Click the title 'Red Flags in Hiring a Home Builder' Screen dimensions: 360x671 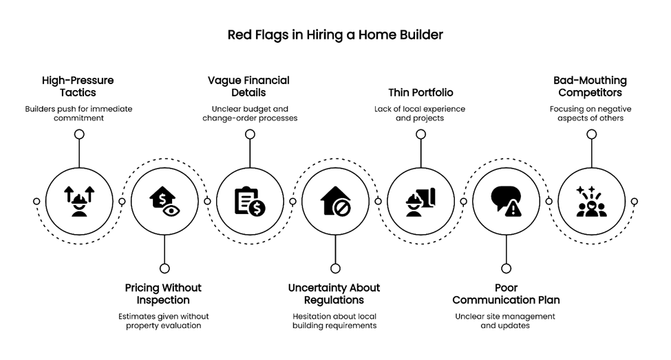click(x=335, y=34)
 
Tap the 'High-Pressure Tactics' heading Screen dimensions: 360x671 click(x=78, y=86)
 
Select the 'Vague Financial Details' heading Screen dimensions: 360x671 click(x=248, y=86)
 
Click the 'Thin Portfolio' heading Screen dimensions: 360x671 click(x=420, y=92)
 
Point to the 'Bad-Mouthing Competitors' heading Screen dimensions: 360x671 click(x=590, y=86)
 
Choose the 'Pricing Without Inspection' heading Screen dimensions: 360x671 click(x=163, y=294)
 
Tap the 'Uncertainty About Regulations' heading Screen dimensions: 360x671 click(x=334, y=294)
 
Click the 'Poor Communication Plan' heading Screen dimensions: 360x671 click(x=506, y=294)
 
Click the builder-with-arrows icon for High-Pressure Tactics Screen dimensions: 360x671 click(x=79, y=202)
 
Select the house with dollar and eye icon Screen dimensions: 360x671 click(x=164, y=202)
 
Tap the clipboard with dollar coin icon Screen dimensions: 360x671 click(x=250, y=202)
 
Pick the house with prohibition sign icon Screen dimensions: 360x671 click(x=335, y=202)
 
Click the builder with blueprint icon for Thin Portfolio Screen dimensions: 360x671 click(x=420, y=202)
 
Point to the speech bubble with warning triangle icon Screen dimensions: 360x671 click(x=506, y=202)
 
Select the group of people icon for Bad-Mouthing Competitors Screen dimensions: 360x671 click(x=591, y=202)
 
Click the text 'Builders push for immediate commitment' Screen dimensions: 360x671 click(x=78, y=114)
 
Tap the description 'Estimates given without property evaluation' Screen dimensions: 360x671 click(x=163, y=321)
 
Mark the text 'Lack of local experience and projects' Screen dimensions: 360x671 click(x=420, y=114)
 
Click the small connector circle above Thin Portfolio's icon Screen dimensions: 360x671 click(x=420, y=134)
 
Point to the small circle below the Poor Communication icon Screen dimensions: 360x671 click(x=506, y=268)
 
